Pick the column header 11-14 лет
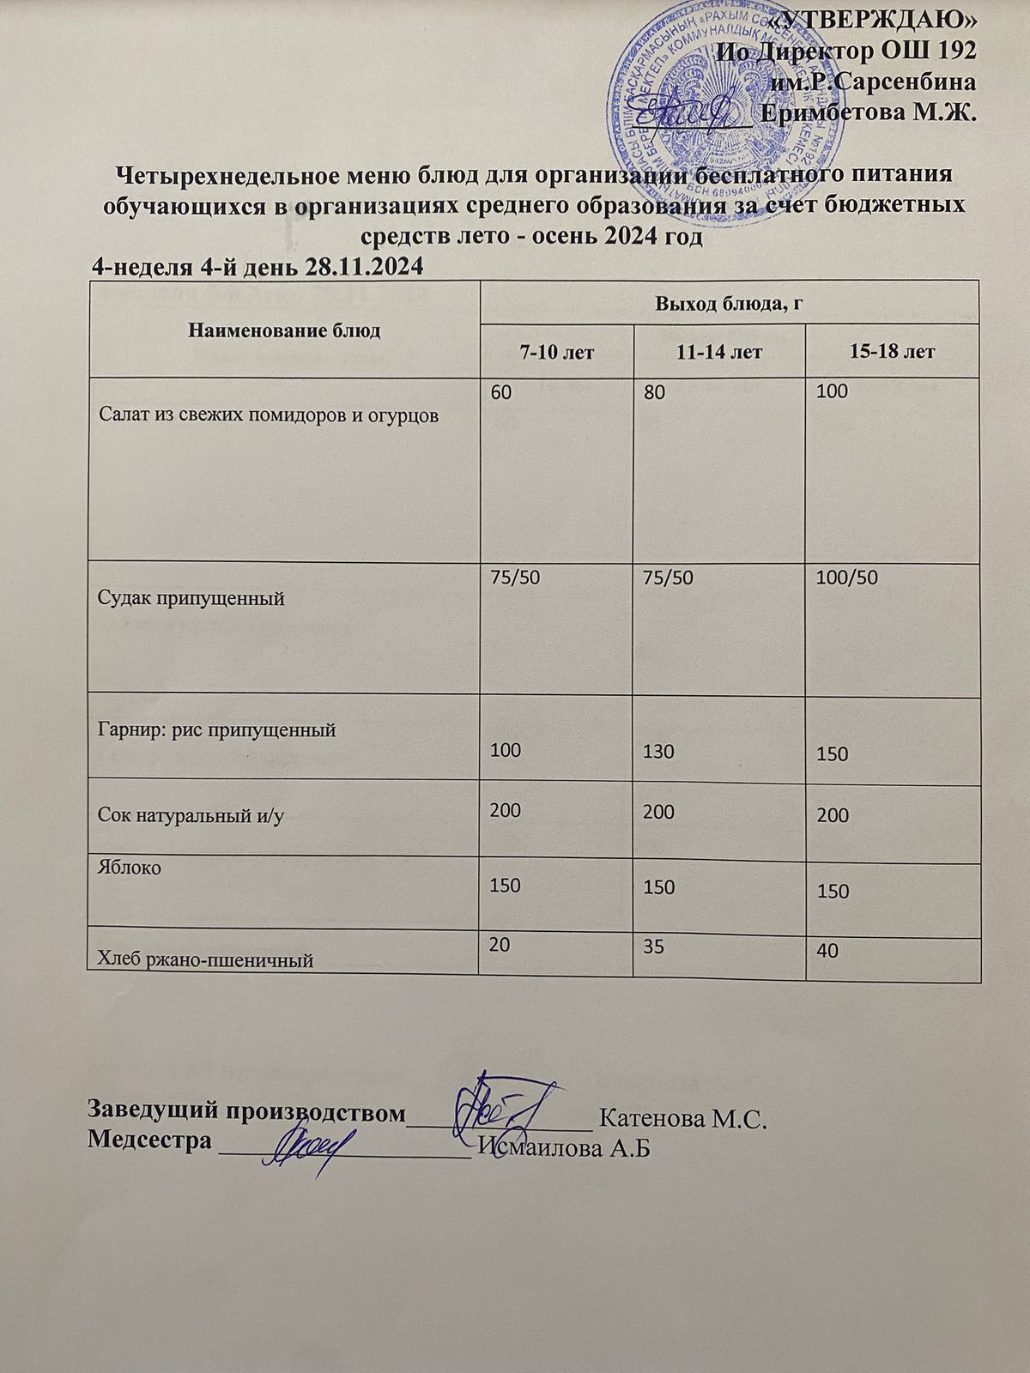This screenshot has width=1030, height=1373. [x=719, y=352]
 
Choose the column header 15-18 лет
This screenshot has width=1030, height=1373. [x=892, y=352]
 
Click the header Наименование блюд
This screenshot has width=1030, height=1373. [x=283, y=330]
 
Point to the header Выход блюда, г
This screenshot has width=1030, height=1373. [x=729, y=302]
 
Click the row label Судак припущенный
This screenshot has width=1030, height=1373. [x=190, y=598]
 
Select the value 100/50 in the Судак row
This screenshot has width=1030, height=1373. [x=848, y=577]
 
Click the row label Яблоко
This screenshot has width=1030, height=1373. [x=129, y=868]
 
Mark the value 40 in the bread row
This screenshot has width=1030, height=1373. [x=828, y=951]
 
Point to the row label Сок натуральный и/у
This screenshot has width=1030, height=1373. [x=191, y=815]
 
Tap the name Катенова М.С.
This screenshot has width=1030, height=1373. [x=682, y=1119]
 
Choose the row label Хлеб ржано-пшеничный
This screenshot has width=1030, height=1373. [x=205, y=960]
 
